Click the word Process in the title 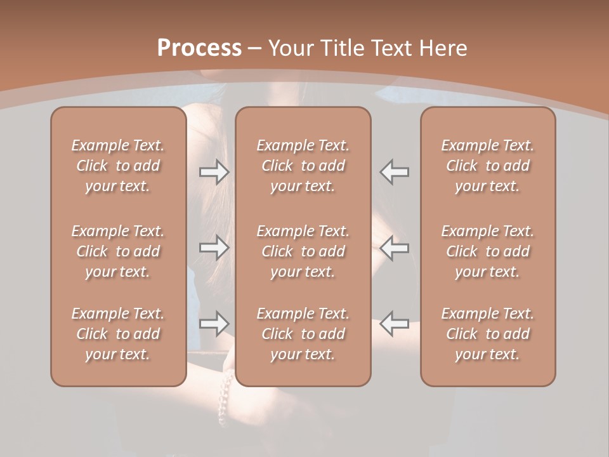pos(199,48)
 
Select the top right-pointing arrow pos(214,172)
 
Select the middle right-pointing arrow pos(214,248)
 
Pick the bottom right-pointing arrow pos(214,324)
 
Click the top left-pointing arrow pos(394,172)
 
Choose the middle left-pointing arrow pos(394,248)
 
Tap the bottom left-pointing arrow pos(394,324)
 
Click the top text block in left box pos(118,166)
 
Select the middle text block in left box pos(118,251)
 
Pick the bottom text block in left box pos(118,334)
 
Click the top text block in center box pos(303,166)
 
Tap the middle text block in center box pos(303,251)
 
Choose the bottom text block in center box pos(303,334)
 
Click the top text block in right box pos(487,166)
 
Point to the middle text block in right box pos(487,251)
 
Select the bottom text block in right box pos(487,334)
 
